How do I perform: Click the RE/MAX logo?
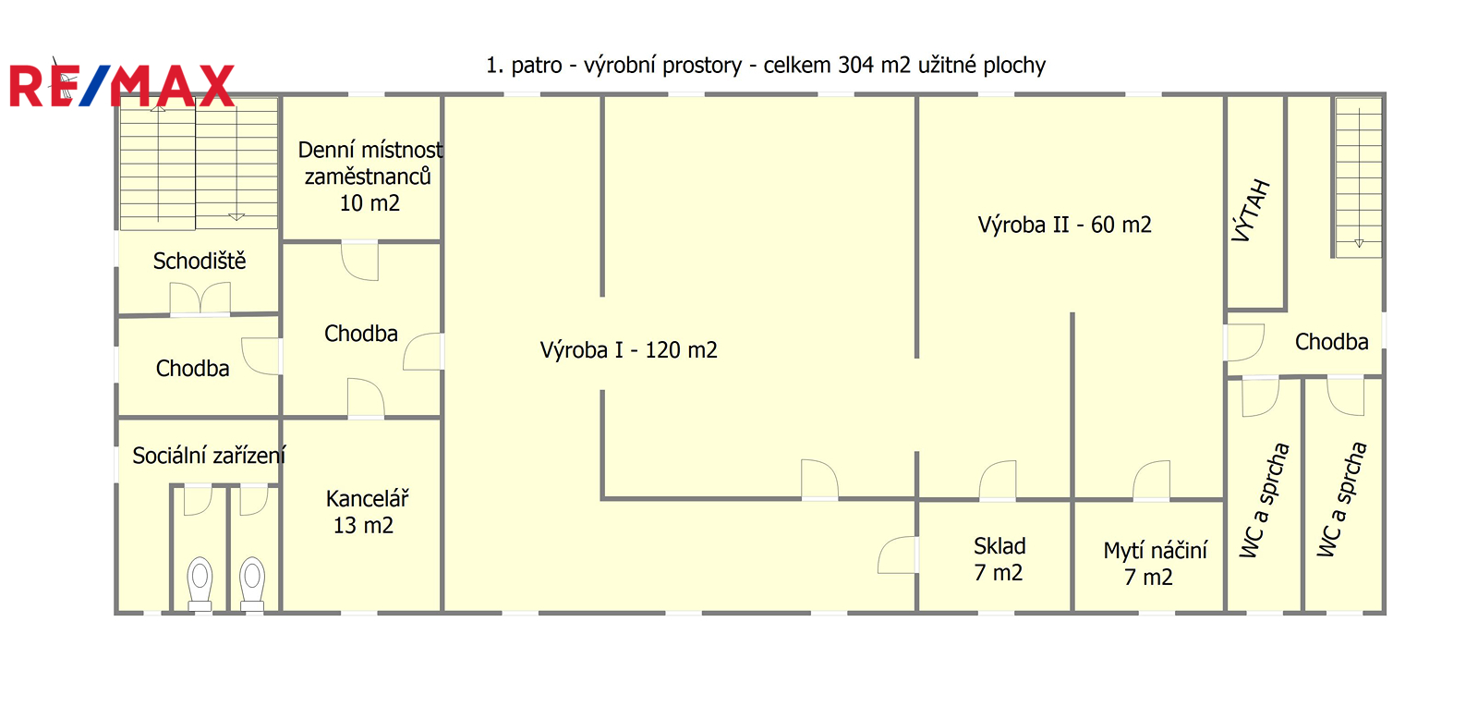122,85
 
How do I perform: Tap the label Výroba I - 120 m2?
628,350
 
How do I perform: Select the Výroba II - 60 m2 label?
1064,225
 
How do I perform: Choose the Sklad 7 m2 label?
999,559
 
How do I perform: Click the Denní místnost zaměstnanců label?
369,176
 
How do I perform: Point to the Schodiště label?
200,262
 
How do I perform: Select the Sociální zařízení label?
209,456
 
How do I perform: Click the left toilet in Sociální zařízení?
200,583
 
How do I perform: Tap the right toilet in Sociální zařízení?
252,583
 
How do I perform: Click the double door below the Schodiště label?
200,299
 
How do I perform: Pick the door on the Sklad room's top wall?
998,481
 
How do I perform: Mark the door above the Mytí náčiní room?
1152,481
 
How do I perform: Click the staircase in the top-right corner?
1358,176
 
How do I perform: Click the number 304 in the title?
855,66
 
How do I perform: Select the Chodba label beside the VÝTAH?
1331,342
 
